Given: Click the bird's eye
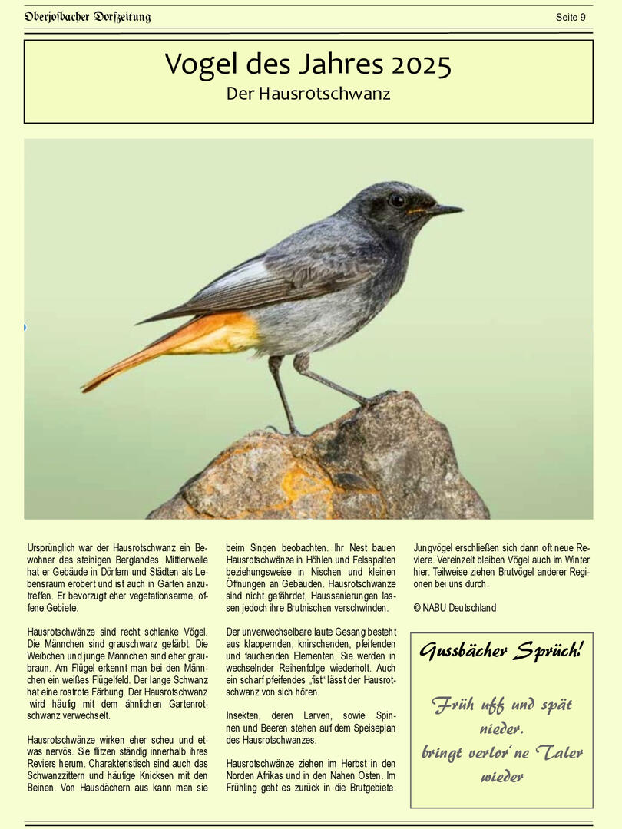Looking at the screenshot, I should pyautogui.click(x=397, y=200).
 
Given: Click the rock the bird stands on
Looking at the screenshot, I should pyautogui.click(x=330, y=468).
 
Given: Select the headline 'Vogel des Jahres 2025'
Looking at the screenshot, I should pyautogui.click(x=308, y=64).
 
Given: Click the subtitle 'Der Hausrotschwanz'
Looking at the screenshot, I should pyautogui.click(x=308, y=94).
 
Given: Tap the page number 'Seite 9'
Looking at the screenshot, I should pyautogui.click(x=571, y=17).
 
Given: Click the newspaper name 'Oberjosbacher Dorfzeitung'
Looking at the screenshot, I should pyautogui.click(x=88, y=17).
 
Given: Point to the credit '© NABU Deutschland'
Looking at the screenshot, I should pyautogui.click(x=455, y=608).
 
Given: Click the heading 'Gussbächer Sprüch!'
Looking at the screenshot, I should pyautogui.click(x=501, y=652).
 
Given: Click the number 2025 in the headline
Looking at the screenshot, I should pyautogui.click(x=421, y=65).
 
